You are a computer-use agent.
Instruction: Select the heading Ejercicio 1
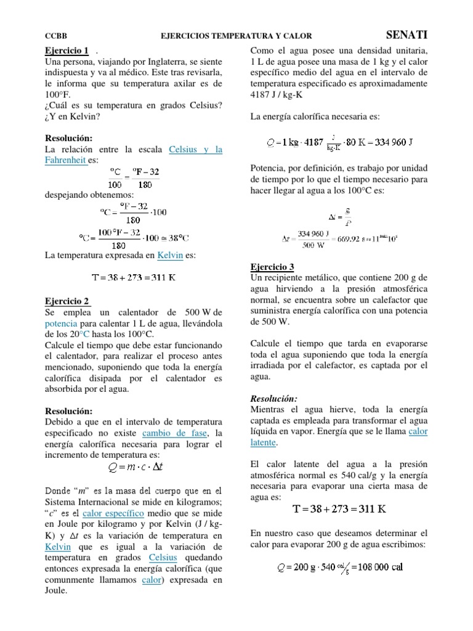click(x=68, y=51)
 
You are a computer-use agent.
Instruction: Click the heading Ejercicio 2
click(x=68, y=301)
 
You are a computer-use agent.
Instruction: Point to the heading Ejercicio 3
click(x=272, y=267)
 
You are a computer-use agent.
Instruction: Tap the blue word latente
click(x=263, y=442)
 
